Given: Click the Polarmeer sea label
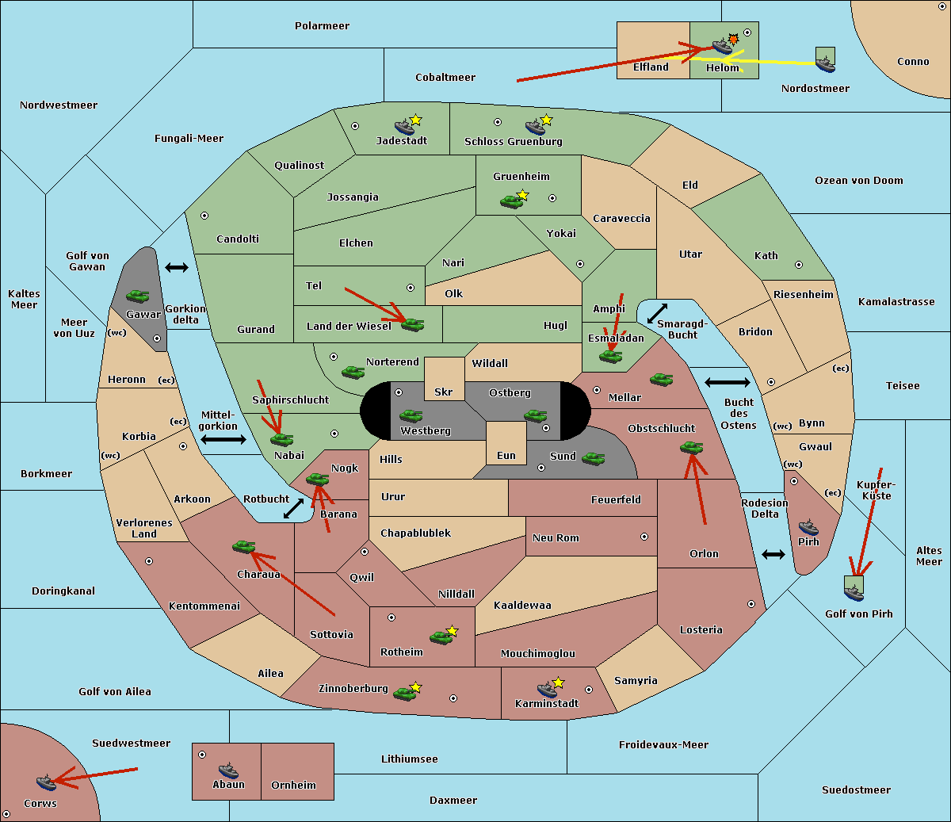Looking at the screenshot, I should point(322,26).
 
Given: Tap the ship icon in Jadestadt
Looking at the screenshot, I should point(404,127).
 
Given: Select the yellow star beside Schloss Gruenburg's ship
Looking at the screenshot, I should point(546,120).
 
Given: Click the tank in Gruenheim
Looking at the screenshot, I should point(511,201).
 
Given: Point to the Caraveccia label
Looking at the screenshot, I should point(621,219).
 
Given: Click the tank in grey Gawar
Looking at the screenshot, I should point(137,296).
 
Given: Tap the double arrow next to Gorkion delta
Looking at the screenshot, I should point(177,268).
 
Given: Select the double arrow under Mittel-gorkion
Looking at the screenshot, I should point(223,439).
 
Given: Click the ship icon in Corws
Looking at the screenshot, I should point(47,782).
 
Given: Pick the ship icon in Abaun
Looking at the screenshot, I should point(228,770).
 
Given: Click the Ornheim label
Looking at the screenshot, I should point(293,786).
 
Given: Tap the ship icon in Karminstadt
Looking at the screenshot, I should point(547,689).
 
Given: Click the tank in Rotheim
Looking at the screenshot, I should point(441,637).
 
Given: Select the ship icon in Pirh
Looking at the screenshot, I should point(808,527).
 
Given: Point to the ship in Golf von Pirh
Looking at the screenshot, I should point(854,590).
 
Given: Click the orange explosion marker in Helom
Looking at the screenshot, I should point(734,39).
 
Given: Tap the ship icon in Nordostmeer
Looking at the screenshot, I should point(825,60).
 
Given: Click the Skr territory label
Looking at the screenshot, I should point(444,392).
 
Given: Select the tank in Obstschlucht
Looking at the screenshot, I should point(691,448).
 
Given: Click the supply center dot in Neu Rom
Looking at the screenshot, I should point(644,537).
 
